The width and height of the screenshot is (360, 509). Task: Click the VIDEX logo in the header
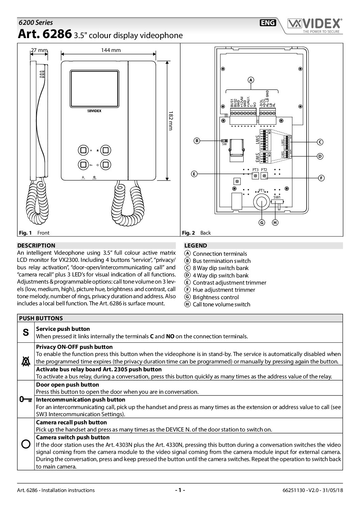click(x=314, y=24)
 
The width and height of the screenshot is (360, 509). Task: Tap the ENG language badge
click(x=267, y=23)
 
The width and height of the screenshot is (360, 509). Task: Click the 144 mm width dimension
click(x=111, y=50)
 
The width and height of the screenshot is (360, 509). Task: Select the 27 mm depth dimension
click(x=39, y=50)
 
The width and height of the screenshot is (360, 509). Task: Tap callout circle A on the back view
click(x=251, y=80)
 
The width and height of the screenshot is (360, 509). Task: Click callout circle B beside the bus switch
click(x=196, y=141)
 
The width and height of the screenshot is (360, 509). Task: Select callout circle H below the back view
click(x=275, y=222)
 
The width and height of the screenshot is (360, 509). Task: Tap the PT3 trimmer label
click(x=255, y=170)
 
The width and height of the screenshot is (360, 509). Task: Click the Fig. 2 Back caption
click(x=196, y=233)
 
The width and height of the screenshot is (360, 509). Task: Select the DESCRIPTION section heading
click(x=36, y=245)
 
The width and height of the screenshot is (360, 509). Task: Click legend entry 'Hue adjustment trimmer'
click(x=224, y=290)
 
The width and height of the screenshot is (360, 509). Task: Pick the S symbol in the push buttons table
click(x=26, y=333)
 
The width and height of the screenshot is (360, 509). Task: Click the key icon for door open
click(x=26, y=399)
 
